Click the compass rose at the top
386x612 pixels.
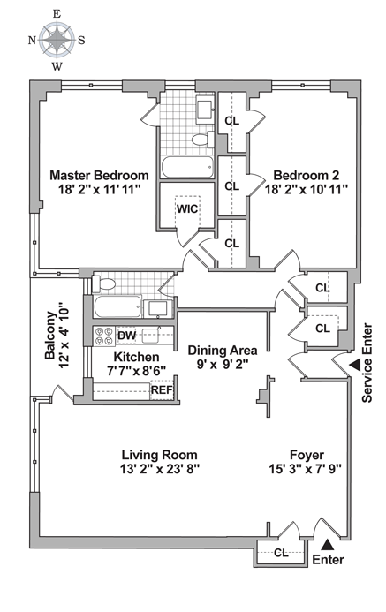click(57, 39)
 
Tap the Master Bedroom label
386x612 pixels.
click(99, 175)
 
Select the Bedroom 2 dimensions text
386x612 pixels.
click(307, 190)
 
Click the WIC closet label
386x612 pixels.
click(187, 208)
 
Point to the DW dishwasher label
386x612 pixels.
click(127, 336)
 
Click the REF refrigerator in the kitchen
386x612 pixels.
click(162, 390)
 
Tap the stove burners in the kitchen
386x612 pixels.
click(104, 336)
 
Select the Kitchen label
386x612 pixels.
click(136, 357)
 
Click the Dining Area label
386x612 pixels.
click(223, 351)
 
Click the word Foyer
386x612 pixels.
click(307, 456)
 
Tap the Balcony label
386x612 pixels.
click(50, 335)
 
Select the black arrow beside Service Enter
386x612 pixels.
click(355, 365)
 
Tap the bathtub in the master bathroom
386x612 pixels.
click(187, 168)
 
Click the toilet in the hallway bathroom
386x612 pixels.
click(103, 283)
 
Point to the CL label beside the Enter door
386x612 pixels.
click(281, 553)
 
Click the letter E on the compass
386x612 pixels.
click(57, 14)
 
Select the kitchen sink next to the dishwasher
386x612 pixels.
click(150, 336)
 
